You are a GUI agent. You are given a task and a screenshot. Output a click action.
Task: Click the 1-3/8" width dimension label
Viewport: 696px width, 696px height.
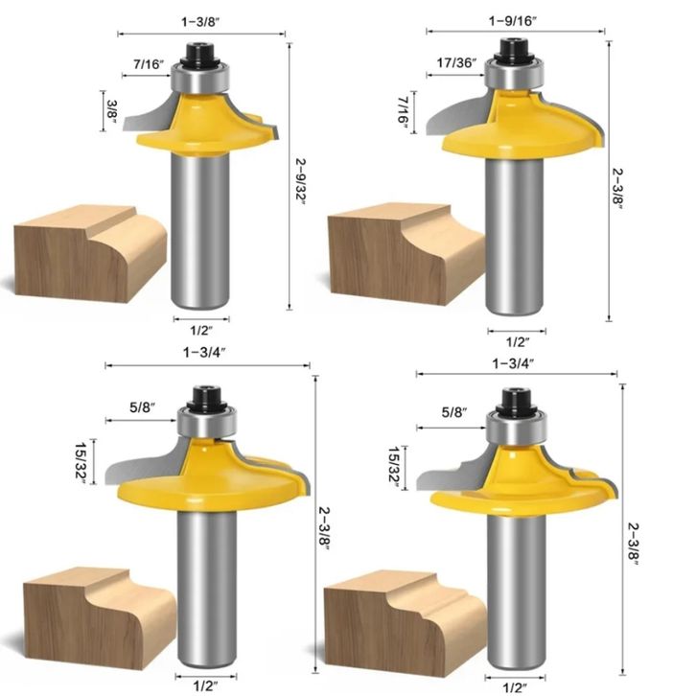200,22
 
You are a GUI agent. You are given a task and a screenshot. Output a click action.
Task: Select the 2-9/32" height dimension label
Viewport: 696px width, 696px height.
301,181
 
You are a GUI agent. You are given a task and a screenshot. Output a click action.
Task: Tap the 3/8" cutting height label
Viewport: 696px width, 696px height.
112,111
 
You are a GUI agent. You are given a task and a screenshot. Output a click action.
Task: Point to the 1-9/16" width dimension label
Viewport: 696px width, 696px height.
513,21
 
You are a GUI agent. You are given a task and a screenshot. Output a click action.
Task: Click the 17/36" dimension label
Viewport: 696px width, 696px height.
456,62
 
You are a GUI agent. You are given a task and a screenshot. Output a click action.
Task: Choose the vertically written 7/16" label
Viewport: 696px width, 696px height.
404,111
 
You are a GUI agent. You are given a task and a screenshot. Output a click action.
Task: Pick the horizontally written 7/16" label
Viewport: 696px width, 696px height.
149,64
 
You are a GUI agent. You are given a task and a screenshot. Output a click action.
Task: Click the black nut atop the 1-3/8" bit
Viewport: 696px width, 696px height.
201,54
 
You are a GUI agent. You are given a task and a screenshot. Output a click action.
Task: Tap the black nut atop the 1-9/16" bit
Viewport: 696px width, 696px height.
513,50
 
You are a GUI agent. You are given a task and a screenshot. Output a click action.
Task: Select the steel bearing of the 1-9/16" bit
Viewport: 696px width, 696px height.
514,74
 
